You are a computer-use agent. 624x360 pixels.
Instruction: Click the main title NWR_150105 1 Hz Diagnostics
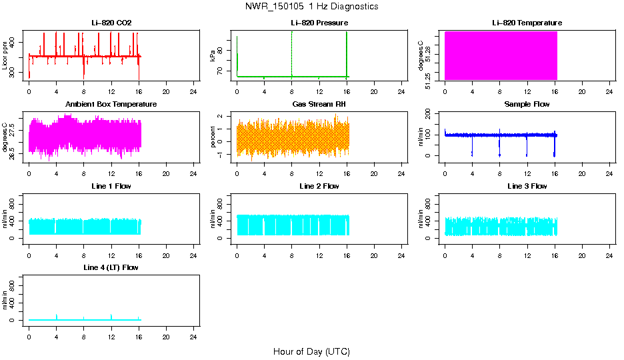pos(312,7)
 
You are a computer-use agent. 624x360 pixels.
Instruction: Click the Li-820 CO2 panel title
pos(111,23)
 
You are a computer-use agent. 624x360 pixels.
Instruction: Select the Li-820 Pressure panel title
pos(319,23)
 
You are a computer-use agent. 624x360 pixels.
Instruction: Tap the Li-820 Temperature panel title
pos(527,23)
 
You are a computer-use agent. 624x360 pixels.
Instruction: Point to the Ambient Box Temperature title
pos(111,105)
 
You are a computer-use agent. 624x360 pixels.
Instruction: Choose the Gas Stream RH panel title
pos(319,105)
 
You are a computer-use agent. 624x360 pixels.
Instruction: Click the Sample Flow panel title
pos(527,105)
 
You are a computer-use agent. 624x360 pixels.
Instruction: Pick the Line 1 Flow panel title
pos(111,186)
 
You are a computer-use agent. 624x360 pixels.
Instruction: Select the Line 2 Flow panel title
pos(319,186)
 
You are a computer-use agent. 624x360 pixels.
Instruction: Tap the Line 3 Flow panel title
pos(527,186)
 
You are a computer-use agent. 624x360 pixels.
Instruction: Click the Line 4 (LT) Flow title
pos(111,267)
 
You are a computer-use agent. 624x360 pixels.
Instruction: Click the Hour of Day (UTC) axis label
pos(311,351)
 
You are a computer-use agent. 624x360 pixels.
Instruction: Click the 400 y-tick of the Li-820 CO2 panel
pos(16,42)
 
